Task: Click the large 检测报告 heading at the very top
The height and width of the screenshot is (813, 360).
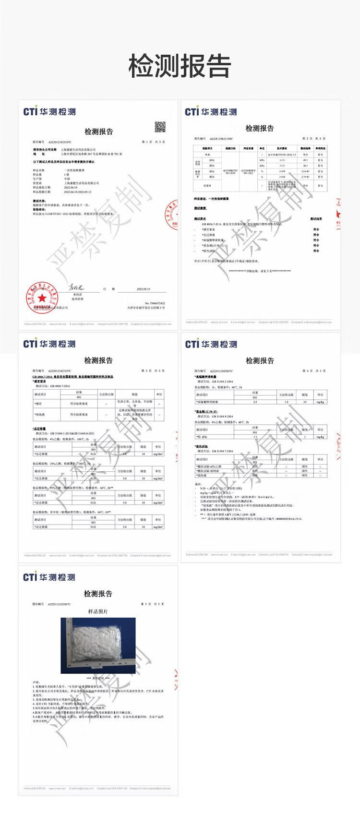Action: tap(180, 66)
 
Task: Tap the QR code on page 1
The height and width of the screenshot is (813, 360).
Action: tap(160, 127)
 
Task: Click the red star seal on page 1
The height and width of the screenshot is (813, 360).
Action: tap(42, 298)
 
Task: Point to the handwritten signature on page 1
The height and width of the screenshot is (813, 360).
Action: tap(77, 287)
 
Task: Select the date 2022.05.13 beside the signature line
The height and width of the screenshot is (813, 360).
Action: tap(143, 289)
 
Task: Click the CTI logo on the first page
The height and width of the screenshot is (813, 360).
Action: tap(49, 112)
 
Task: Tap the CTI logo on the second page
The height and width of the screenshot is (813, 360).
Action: tap(211, 112)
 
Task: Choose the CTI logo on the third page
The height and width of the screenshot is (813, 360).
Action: tap(49, 344)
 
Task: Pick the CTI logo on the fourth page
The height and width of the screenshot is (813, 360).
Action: tap(211, 344)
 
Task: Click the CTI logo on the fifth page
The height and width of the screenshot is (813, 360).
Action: tap(49, 577)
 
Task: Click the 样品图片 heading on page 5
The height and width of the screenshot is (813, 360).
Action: tap(98, 611)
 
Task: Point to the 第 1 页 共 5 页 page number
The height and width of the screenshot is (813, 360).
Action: tap(153, 142)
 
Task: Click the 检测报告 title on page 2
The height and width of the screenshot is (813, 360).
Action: tap(260, 128)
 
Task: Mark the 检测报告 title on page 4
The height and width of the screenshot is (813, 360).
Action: tap(260, 360)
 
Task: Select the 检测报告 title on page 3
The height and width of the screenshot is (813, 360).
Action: tap(98, 360)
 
